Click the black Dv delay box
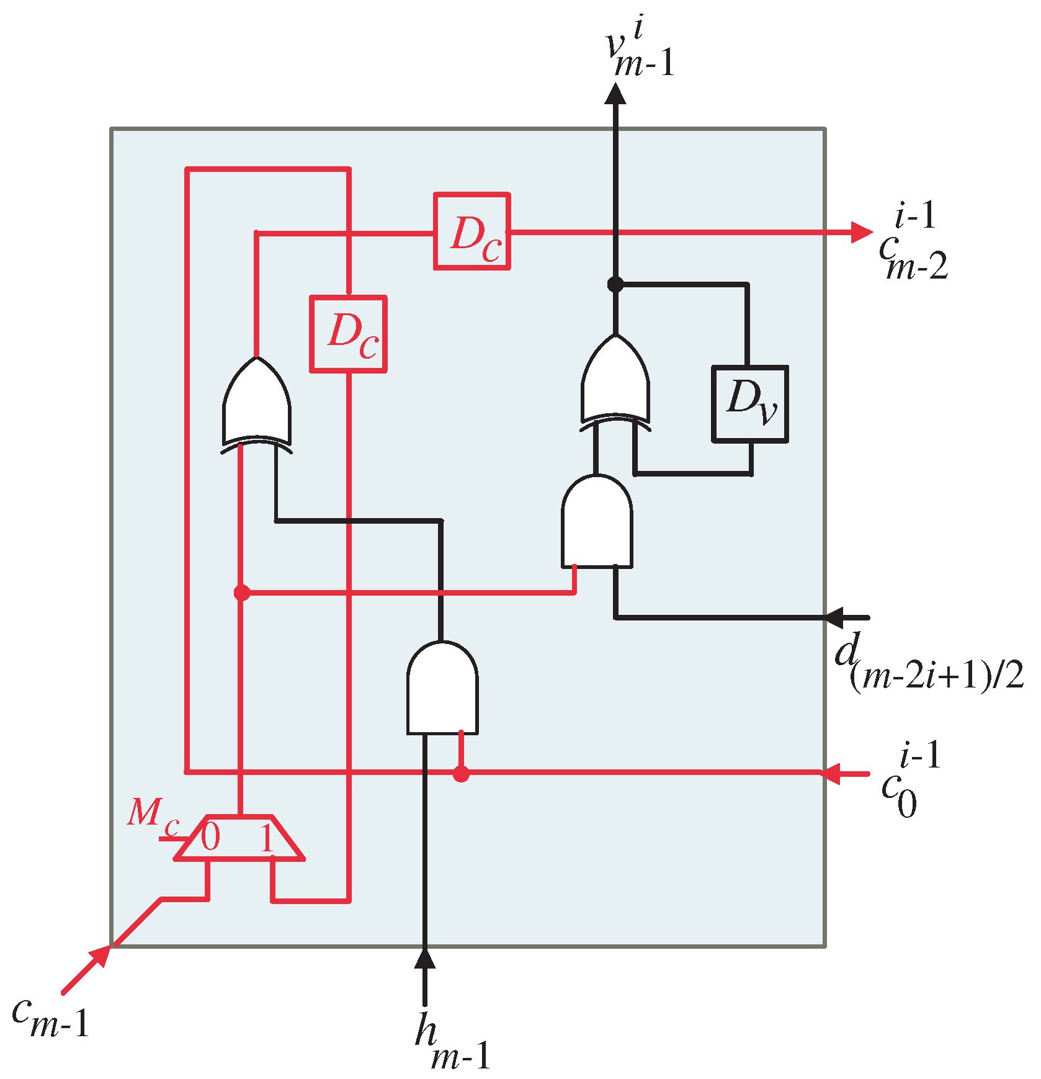tap(750, 404)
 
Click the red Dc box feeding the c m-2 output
tap(472, 231)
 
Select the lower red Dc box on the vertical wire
tap(348, 334)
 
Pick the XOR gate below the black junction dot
tap(615, 382)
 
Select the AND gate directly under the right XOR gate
tap(597, 522)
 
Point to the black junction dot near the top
tap(615, 284)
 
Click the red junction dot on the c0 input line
tap(460, 774)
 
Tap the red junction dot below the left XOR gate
tap(241, 593)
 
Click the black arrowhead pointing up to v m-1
tap(615, 93)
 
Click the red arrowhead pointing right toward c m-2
tap(862, 231)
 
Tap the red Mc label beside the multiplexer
tap(152, 813)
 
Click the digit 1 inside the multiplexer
tap(267, 839)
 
